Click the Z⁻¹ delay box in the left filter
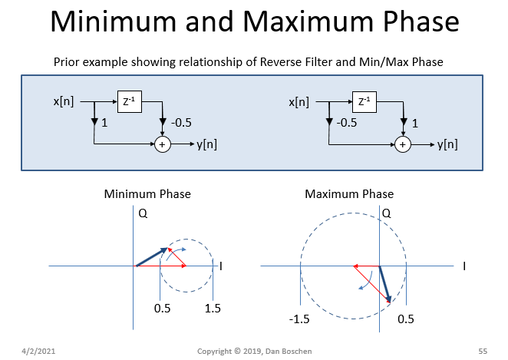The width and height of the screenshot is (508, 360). tap(130, 101)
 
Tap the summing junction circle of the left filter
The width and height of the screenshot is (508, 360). tap(162, 143)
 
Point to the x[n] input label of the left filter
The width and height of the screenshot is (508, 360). tap(64, 101)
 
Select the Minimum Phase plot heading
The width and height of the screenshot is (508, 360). tap(147, 194)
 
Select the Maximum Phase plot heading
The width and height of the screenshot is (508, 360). tap(349, 194)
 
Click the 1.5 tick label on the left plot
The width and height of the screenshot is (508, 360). tap(213, 309)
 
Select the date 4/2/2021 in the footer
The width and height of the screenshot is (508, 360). tap(38, 351)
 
